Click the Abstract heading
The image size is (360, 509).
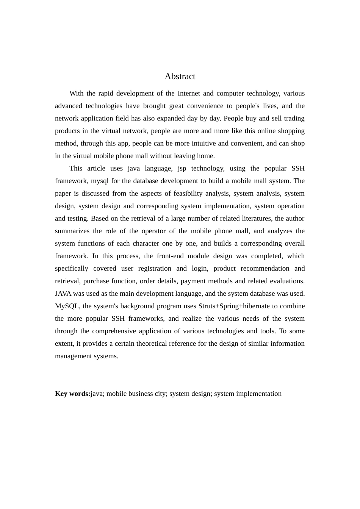(x=180, y=77)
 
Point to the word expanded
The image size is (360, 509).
(x=170, y=119)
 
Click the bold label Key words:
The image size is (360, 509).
(x=72, y=393)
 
